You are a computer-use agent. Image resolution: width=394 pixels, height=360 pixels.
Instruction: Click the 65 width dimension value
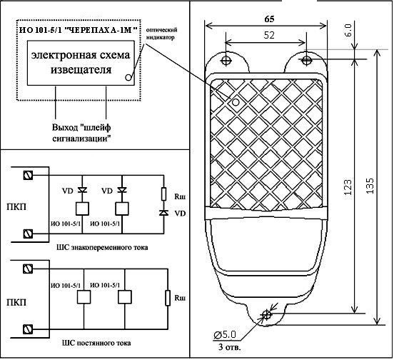[x=269, y=19]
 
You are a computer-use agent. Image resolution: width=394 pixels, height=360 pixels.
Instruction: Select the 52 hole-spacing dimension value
[x=269, y=35]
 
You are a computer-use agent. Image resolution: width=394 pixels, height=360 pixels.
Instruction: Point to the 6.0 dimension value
[x=349, y=30]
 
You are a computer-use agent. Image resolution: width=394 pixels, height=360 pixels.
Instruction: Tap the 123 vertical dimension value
[x=348, y=187]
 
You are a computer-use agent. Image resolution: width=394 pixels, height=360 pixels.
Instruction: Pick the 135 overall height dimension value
[x=370, y=186]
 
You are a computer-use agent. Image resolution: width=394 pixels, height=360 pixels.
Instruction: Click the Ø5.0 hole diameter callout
[x=225, y=334]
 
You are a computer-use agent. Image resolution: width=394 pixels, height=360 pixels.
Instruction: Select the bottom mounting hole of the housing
[x=266, y=314]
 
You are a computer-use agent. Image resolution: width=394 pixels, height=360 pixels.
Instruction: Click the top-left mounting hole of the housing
[x=226, y=60]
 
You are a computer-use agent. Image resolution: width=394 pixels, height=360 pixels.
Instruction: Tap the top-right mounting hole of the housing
[x=305, y=60]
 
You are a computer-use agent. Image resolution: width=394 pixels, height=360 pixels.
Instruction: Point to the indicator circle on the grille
[x=236, y=102]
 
